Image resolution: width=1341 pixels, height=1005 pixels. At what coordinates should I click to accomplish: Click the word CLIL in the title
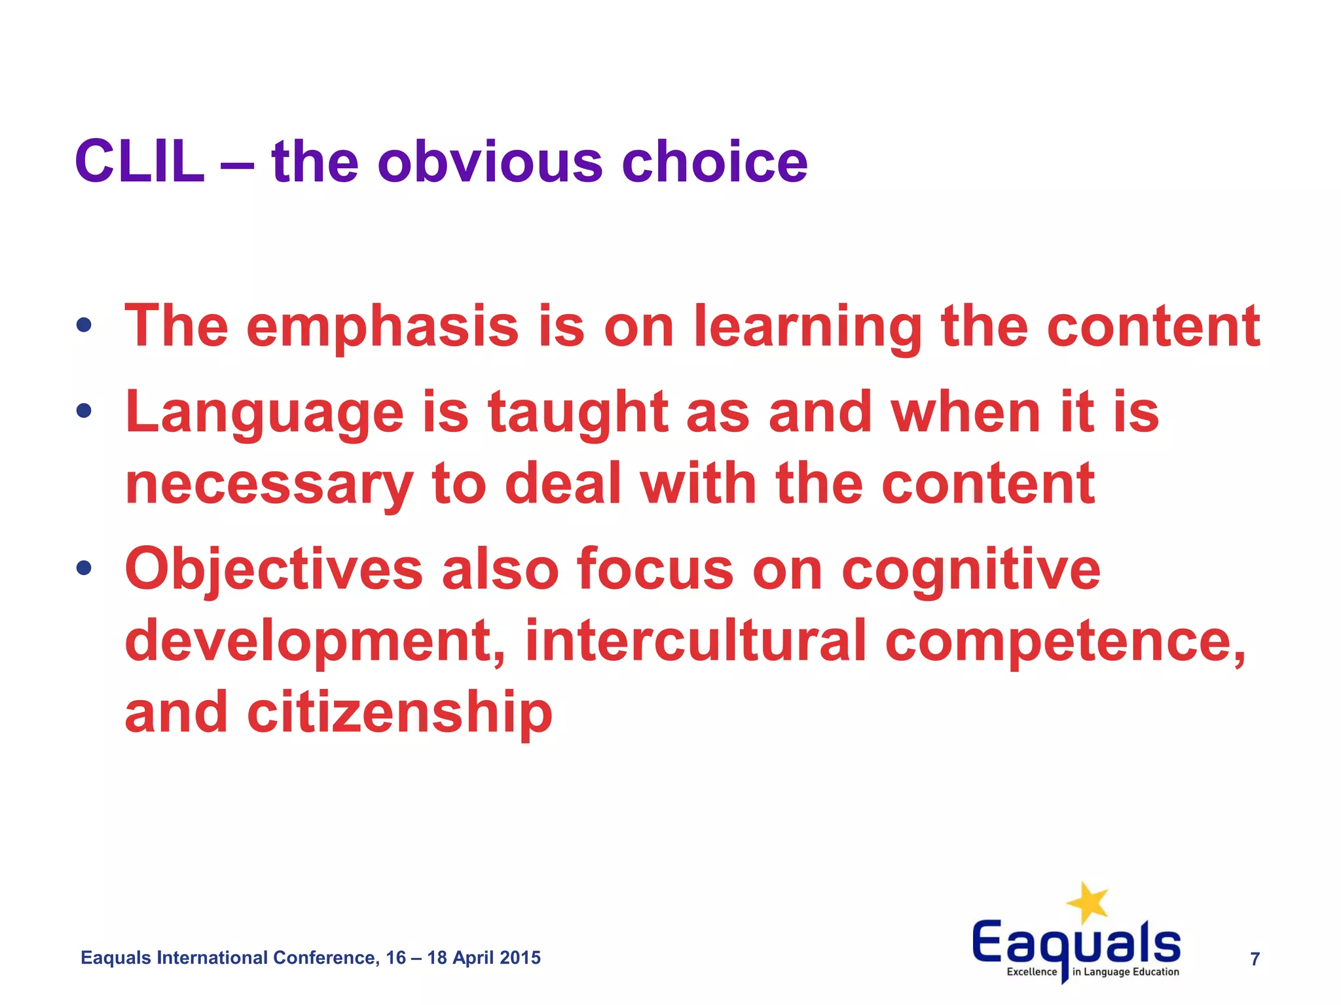click(139, 162)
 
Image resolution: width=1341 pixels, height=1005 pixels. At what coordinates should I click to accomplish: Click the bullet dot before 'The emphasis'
click(83, 325)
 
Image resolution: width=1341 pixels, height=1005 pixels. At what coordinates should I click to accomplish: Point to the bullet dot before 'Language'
click(83, 411)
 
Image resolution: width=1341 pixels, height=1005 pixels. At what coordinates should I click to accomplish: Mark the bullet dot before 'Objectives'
click(83, 567)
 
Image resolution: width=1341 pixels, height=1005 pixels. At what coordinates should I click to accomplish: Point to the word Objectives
click(274, 569)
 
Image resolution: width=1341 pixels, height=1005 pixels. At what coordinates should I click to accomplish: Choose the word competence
click(1065, 641)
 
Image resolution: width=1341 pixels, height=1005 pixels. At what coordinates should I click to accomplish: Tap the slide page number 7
click(1255, 959)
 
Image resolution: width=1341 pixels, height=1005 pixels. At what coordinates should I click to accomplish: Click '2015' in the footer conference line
click(520, 958)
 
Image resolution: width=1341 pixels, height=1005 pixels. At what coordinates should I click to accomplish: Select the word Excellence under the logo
click(1031, 972)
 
